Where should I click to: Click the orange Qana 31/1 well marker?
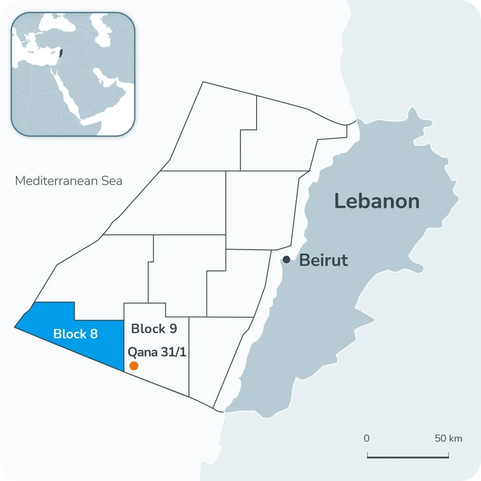pos(134,366)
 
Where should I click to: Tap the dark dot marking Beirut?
pos(286,260)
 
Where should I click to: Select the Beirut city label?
pos(323,260)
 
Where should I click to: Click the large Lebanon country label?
pos(377,201)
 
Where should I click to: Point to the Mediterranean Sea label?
pos(68,181)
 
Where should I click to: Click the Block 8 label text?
pos(75,334)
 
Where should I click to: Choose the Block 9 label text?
pos(154,328)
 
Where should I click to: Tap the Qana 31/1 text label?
pos(157,351)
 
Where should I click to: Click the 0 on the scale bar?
pos(367,438)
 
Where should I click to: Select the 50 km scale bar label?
pos(448,438)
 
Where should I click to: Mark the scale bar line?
pos(408,457)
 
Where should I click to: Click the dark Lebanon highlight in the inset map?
pos(61,54)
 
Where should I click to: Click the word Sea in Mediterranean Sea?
pos(112,181)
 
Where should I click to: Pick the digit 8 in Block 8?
pos(94,334)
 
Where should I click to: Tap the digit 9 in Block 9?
pos(173,328)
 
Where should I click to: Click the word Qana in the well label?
pos(143,351)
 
